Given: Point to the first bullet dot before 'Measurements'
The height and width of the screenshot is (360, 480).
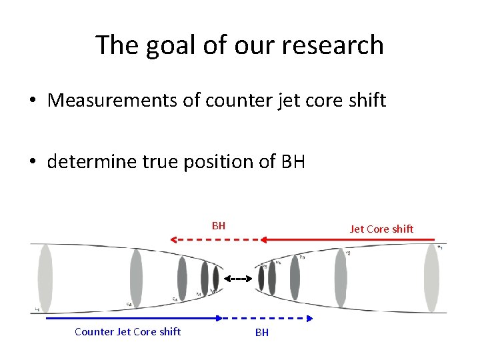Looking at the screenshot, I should [32, 101].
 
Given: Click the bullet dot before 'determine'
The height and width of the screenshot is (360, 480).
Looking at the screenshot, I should [32, 162].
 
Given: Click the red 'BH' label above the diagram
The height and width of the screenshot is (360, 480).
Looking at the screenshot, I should [219, 225].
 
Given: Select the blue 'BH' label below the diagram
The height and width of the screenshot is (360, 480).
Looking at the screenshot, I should [262, 332].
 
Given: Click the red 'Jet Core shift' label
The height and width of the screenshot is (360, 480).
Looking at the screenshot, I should [381, 229].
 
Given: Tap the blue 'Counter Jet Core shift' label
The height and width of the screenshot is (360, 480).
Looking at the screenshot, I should [127, 331].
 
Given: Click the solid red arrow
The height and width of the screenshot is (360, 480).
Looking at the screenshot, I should [347, 239].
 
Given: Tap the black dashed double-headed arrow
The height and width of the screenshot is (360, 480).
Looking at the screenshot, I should [237, 279].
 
